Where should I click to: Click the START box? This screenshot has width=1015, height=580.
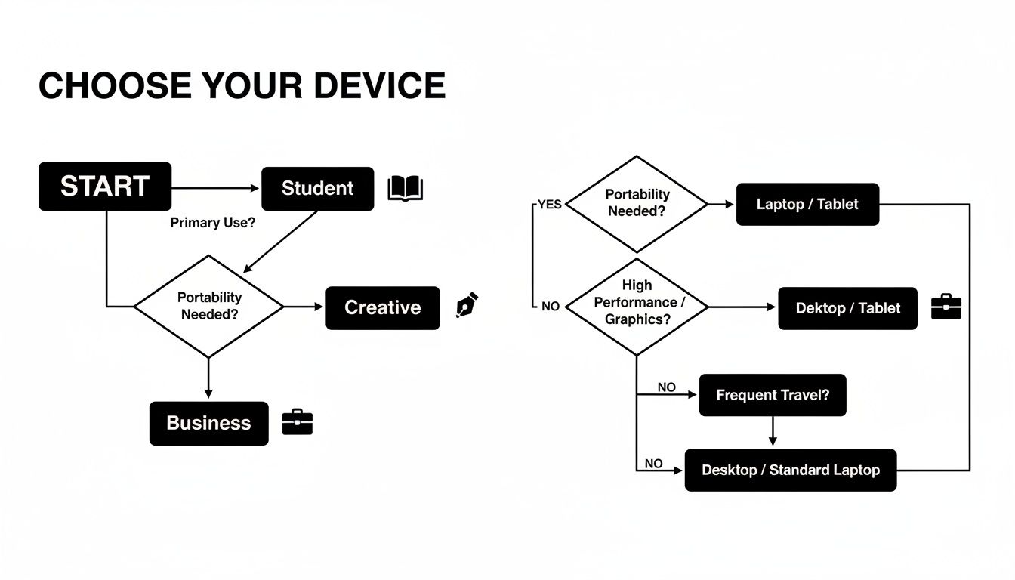pyautogui.click(x=105, y=187)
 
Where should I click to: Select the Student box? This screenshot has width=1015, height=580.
pyautogui.click(x=317, y=189)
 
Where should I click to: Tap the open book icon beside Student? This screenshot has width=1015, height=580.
pyautogui.click(x=405, y=189)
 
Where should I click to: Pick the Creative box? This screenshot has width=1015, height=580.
pyautogui.click(x=382, y=308)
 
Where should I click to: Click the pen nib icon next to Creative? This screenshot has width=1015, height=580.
pyautogui.click(x=467, y=305)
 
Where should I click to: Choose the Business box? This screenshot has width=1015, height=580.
pyautogui.click(x=208, y=424)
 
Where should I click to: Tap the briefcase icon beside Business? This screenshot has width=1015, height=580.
pyautogui.click(x=297, y=422)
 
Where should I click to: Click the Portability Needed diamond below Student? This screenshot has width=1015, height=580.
pyautogui.click(x=209, y=306)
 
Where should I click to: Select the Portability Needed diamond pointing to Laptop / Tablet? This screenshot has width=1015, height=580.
pyautogui.click(x=637, y=204)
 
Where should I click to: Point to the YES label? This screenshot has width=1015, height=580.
pyautogui.click(x=549, y=205)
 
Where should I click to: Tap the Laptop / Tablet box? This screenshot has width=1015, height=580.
pyautogui.click(x=807, y=205)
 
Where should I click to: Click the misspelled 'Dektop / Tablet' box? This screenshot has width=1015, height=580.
pyautogui.click(x=847, y=308)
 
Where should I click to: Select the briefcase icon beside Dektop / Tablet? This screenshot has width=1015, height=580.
pyautogui.click(x=946, y=307)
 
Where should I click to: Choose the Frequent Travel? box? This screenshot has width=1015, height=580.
pyautogui.click(x=772, y=395)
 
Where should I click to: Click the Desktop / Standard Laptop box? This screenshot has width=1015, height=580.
pyautogui.click(x=790, y=470)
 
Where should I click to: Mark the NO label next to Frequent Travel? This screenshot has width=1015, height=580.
pyautogui.click(x=666, y=387)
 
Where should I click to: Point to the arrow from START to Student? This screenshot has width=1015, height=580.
pyautogui.click(x=216, y=189)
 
